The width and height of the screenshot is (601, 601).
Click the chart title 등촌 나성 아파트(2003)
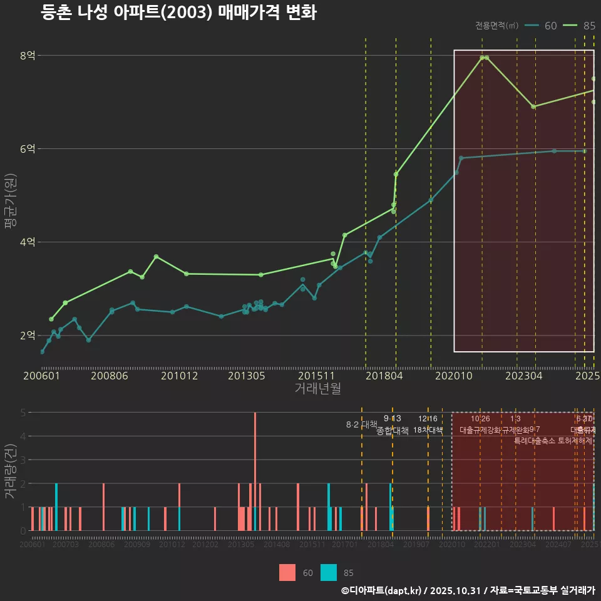coord(178,13)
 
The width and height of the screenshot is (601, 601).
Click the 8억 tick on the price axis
coord(27,55)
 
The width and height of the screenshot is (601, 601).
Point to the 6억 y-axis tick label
coord(27,148)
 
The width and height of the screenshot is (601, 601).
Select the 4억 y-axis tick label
coord(27,242)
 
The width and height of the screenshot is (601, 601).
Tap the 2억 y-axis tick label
coord(27,335)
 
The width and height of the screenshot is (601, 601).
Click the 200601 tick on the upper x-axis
coord(41,376)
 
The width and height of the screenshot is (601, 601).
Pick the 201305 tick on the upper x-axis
coord(246,376)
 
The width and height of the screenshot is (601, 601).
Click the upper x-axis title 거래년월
coord(317,389)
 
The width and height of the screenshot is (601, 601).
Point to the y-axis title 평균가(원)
coord(11,202)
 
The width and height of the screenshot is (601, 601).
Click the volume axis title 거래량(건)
coord(11,471)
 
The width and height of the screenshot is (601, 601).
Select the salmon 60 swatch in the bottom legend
coord(287,572)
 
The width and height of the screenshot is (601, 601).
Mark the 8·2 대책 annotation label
coord(357,424)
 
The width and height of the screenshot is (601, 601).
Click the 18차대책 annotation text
coord(428,430)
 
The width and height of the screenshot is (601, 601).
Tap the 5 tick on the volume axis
coord(23,413)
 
